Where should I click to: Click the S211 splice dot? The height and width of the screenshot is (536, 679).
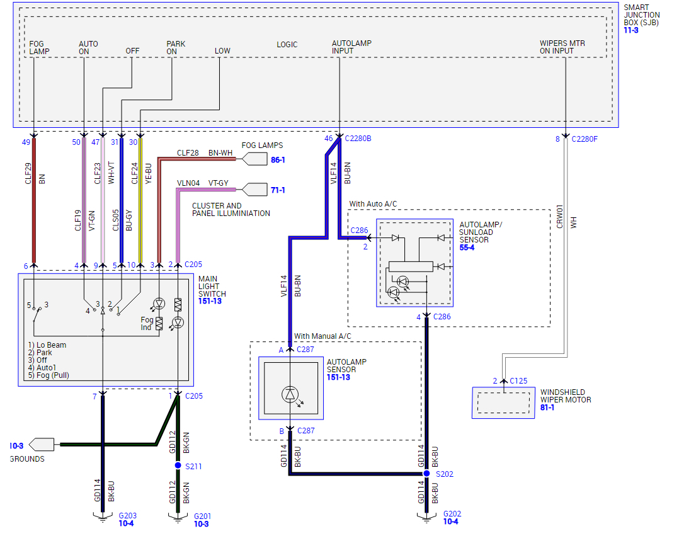178,466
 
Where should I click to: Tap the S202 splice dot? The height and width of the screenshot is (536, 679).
426,474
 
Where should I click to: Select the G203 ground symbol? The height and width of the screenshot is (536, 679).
103,518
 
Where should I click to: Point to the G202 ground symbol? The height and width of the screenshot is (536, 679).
426,518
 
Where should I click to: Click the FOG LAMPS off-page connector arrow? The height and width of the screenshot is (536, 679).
254,159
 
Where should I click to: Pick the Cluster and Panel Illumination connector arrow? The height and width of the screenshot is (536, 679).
254,189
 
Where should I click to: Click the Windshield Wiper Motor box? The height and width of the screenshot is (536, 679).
503,402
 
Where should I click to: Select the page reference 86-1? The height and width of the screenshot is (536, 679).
278,160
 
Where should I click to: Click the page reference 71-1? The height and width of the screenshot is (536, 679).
278,190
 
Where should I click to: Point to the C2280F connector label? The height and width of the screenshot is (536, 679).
585,139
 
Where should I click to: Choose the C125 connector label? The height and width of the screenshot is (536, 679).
518,380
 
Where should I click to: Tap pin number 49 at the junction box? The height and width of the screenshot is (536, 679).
26,142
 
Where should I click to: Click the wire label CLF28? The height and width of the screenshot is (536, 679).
188,153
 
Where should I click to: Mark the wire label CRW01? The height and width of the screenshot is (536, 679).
560,215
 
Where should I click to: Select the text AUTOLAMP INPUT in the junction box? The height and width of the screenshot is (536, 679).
351,47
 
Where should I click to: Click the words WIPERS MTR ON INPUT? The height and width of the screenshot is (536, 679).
562,47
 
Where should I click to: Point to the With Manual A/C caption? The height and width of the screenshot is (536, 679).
322,336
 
